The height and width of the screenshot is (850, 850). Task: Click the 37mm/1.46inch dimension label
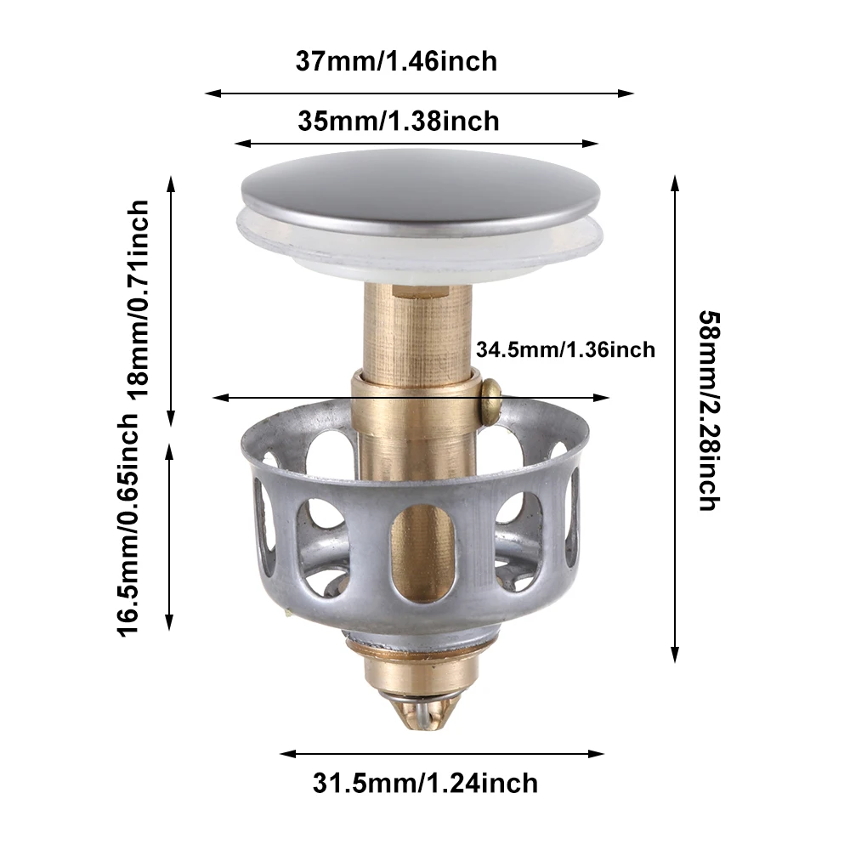(396, 62)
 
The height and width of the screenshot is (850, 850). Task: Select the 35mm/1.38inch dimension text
(398, 122)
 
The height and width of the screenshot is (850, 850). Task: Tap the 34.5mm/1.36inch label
(565, 349)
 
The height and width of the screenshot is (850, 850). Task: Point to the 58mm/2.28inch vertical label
(708, 410)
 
